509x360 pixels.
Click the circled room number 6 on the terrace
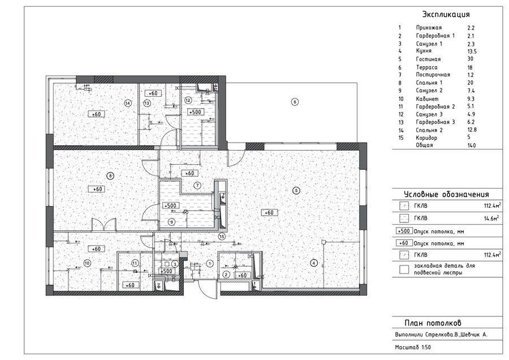pos(295,102)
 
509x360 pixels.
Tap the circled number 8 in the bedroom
pos(110,176)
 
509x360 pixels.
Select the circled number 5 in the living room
pos(296,190)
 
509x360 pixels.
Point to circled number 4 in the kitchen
pos(313,263)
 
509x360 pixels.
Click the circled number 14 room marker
pos(128,103)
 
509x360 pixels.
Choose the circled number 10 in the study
pos(87,263)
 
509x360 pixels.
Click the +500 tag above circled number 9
pos(170,205)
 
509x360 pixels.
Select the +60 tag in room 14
pos(96,114)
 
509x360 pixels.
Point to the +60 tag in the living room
pos(269,212)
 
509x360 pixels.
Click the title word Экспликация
pos(446,14)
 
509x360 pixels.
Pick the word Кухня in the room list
pos(424,51)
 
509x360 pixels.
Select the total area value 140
pos(472,145)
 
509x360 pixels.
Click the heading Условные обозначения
pos(446,195)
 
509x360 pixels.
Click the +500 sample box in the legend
pos(404,231)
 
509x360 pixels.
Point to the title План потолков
pos(433,323)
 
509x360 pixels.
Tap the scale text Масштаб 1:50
pos(413,348)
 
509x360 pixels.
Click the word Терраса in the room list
pos(426,67)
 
